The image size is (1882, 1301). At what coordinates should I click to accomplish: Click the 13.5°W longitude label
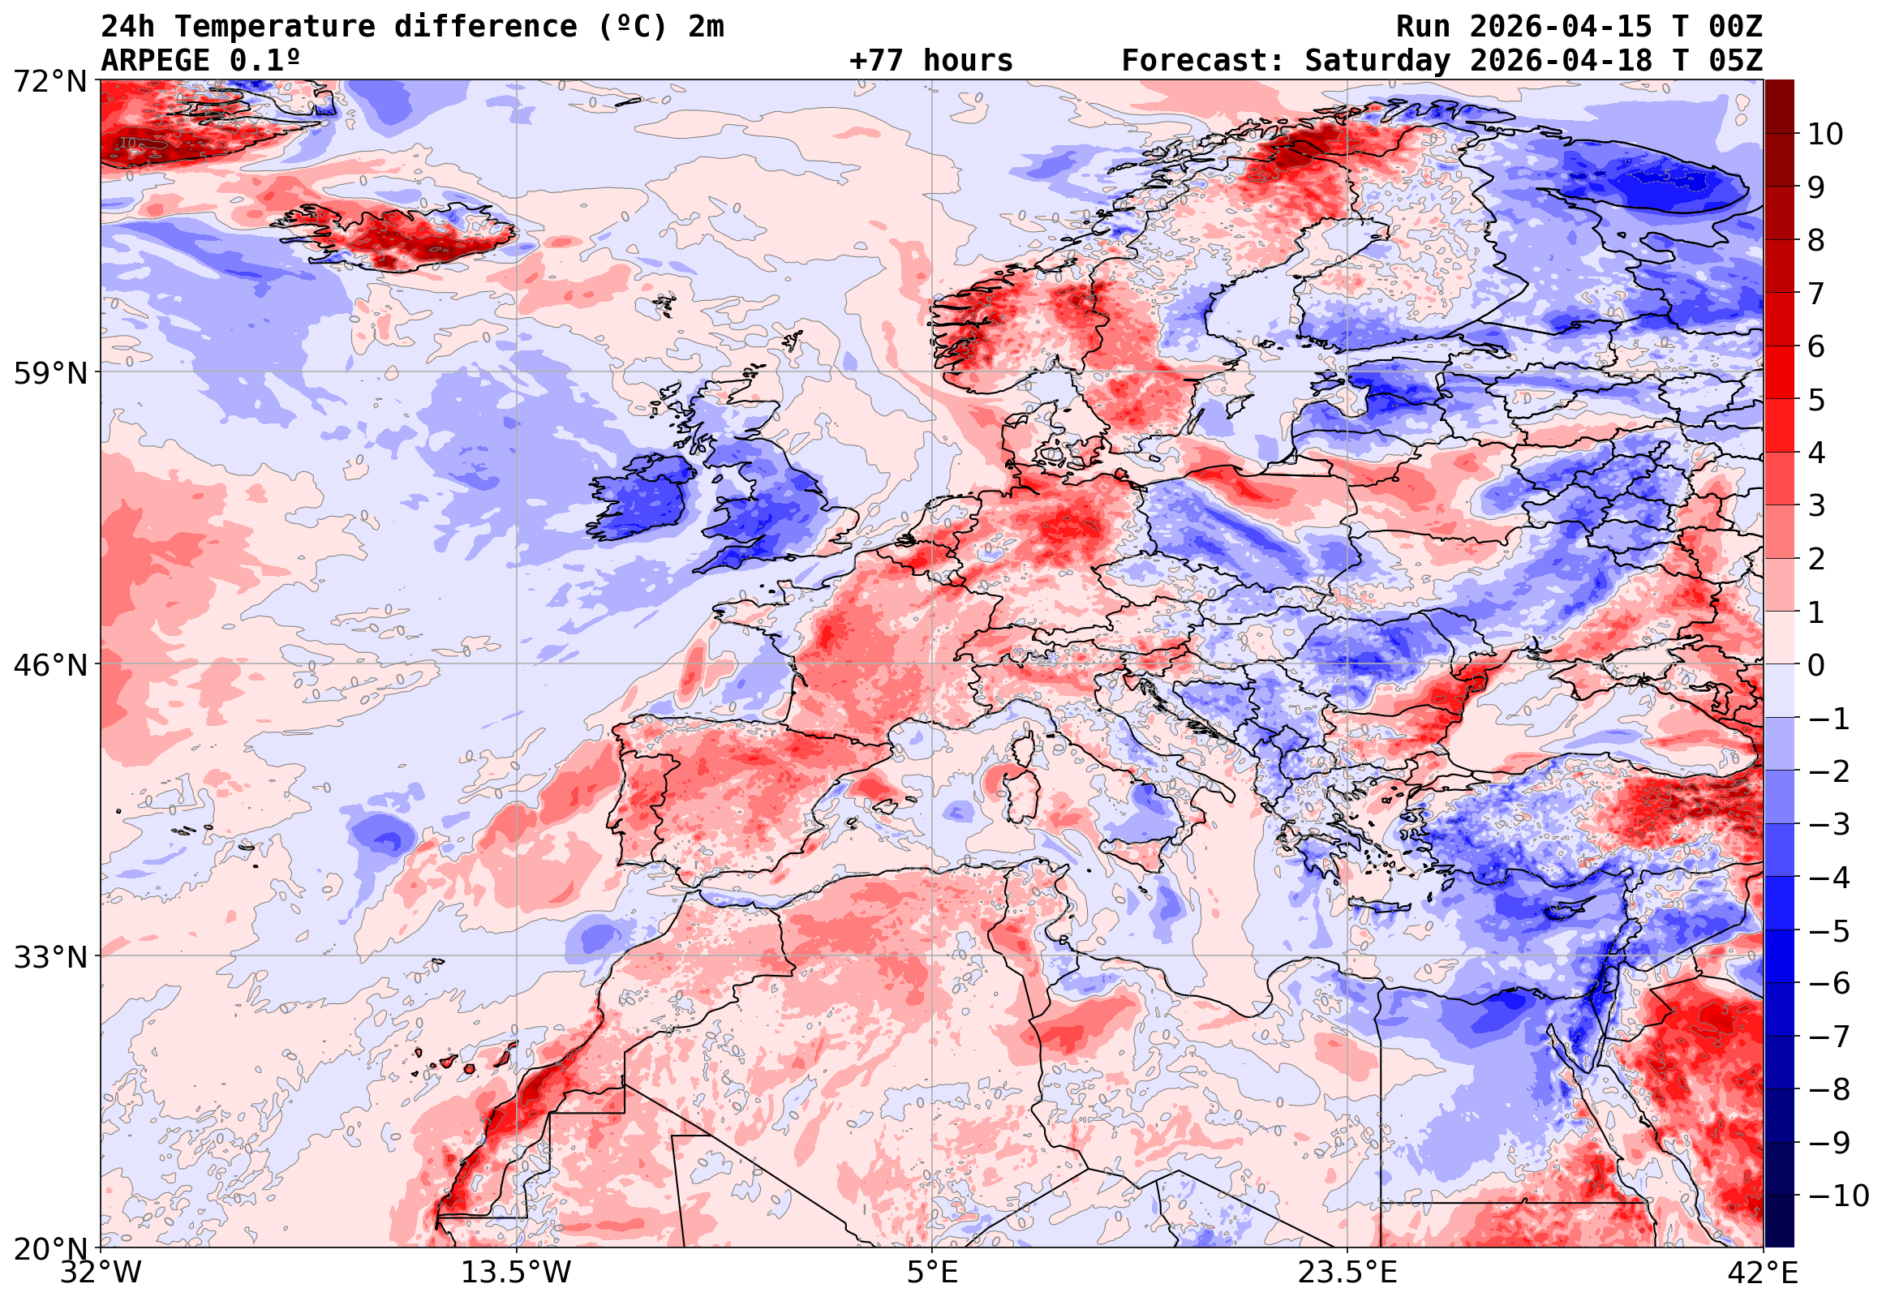click(516, 1273)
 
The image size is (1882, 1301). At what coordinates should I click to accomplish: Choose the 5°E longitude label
click(931, 1273)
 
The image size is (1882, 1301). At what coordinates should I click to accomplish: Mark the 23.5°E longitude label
click(1347, 1273)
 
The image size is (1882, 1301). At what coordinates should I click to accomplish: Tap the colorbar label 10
click(1825, 135)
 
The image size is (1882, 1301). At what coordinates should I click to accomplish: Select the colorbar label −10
click(1838, 1196)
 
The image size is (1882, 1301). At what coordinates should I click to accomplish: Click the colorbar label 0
click(1816, 665)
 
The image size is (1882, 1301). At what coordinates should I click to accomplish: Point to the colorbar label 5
click(1816, 400)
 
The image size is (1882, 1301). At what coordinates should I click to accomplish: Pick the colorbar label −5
click(1829, 931)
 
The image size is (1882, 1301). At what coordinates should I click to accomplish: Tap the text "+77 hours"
click(930, 61)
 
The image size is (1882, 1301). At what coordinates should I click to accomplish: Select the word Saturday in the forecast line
click(1377, 61)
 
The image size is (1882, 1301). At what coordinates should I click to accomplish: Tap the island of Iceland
click(399, 236)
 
